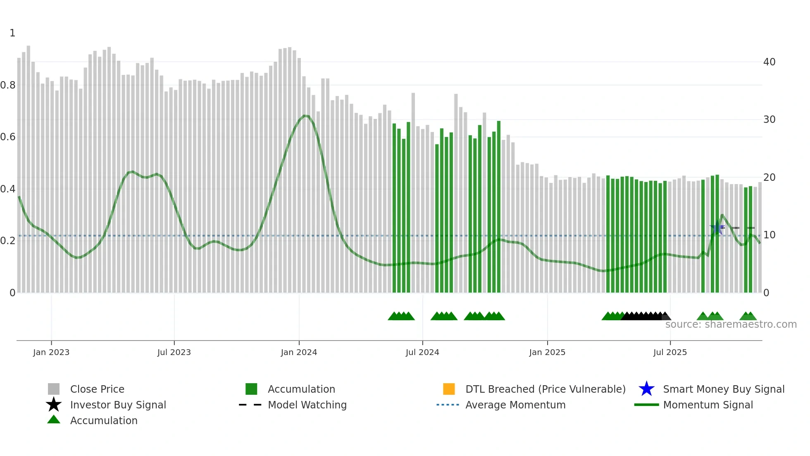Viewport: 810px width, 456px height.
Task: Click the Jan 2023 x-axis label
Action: (x=51, y=352)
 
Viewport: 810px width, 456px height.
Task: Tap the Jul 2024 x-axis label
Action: (x=422, y=352)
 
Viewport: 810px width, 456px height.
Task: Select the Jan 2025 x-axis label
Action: (x=547, y=352)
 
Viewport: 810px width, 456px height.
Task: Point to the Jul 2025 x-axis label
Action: (x=670, y=352)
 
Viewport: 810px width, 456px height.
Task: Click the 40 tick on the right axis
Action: (x=769, y=62)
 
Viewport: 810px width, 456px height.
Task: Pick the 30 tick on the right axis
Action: (x=769, y=120)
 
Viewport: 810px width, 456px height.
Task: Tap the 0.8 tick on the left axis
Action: (x=8, y=85)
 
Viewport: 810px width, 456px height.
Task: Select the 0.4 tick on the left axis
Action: (x=8, y=189)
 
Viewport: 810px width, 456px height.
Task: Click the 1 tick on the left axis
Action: (x=12, y=33)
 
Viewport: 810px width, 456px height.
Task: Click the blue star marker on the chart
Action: (x=717, y=228)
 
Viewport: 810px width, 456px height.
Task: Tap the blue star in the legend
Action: (x=646, y=389)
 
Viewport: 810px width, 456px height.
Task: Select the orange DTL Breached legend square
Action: (x=449, y=389)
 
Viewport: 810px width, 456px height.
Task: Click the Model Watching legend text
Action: (x=307, y=405)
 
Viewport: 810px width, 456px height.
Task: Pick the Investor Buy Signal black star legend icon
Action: (x=54, y=405)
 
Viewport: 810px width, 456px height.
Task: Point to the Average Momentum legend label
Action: (x=515, y=405)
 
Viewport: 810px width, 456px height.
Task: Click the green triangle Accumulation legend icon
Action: (x=54, y=420)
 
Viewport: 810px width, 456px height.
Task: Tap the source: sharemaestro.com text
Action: (x=731, y=324)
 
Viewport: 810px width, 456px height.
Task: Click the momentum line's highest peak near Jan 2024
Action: (x=305, y=116)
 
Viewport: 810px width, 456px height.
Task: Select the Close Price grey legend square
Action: (x=54, y=389)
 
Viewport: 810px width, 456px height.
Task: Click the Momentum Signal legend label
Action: (x=708, y=405)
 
